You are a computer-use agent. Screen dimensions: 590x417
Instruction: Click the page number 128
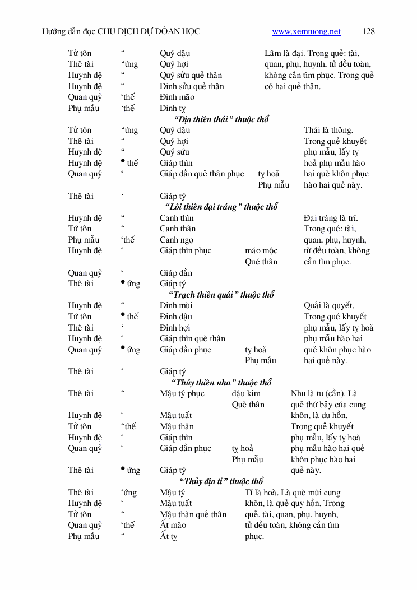[369, 32]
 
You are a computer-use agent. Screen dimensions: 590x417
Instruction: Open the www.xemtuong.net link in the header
[306, 32]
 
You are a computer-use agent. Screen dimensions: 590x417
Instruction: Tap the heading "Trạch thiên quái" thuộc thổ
[221, 295]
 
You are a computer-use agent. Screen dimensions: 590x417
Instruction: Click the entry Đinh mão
[177, 97]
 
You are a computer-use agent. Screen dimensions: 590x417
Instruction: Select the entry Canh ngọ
[177, 240]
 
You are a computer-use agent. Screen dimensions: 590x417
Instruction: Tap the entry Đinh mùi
[176, 305]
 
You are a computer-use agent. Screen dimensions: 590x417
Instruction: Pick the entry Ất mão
[173, 525]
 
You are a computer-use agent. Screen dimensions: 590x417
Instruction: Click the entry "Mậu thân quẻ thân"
[193, 514]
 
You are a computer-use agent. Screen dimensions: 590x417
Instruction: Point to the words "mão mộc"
[261, 250]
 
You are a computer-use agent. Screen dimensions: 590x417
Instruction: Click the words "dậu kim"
[246, 393]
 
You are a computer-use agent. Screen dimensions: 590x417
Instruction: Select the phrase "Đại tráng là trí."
[331, 218]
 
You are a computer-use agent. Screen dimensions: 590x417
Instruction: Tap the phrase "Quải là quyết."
[329, 305]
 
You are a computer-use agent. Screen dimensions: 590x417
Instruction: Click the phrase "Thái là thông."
[328, 130]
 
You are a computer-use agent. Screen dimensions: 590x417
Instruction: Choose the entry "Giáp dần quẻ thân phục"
[202, 174]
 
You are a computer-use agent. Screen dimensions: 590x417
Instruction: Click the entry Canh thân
[178, 229]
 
